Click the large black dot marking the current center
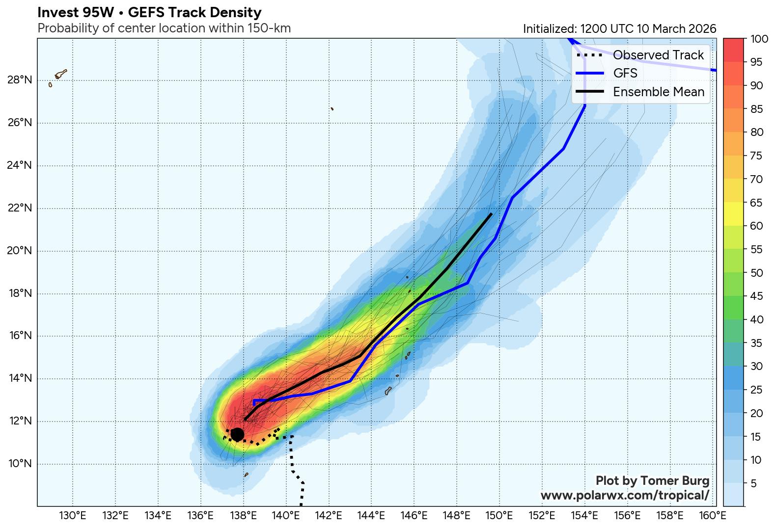(237, 434)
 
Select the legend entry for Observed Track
(658, 55)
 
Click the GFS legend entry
(625, 73)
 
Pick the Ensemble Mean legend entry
(658, 92)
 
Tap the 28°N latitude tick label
(20, 80)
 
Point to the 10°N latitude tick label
(20, 464)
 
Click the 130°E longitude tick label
(73, 516)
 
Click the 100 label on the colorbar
(759, 39)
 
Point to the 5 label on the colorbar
(753, 484)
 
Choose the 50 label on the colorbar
(756, 273)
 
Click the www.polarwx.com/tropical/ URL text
(625, 496)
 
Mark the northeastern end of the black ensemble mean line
(491, 214)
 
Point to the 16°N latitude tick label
(20, 336)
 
